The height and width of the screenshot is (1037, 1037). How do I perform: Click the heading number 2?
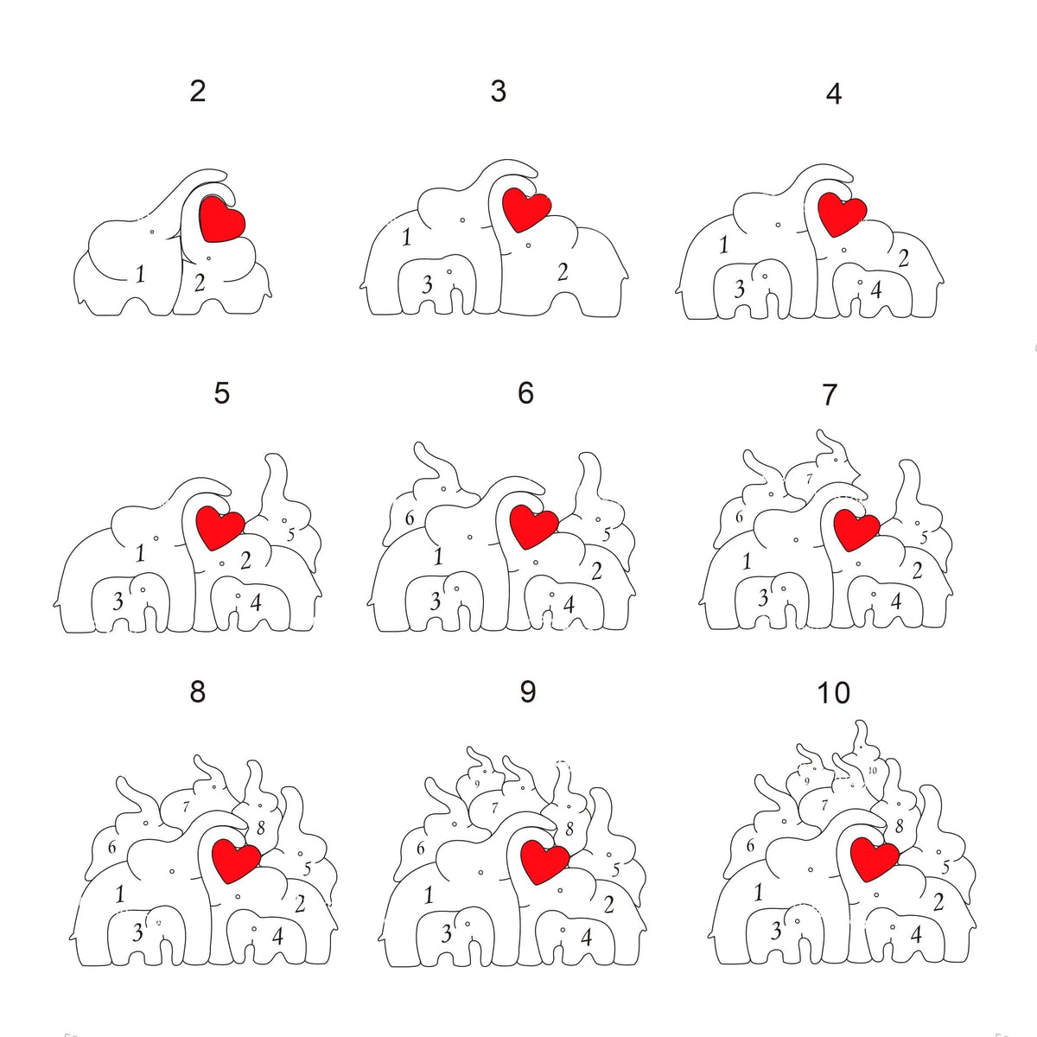pos(198,91)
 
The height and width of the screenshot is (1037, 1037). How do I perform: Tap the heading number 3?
pos(498,91)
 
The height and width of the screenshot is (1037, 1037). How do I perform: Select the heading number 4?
pos(833,93)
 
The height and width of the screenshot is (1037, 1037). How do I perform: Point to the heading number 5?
pos(222,393)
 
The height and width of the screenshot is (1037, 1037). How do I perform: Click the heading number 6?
pos(525,393)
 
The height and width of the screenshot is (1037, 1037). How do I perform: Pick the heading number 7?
pos(830,395)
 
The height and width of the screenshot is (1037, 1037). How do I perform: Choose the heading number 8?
pos(198,692)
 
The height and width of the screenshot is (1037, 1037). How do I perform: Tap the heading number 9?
pos(527,692)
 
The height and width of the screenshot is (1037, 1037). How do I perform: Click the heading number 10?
pos(834,693)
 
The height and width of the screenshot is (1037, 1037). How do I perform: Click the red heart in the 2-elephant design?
pos(222,219)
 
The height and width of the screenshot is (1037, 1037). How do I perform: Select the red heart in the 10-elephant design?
pos(874,857)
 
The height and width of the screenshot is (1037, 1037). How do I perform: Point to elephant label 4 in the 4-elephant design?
pos(876,289)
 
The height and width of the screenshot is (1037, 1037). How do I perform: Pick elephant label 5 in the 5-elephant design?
pos(290,535)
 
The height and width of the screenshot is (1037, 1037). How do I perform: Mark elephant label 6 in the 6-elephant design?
pos(410,518)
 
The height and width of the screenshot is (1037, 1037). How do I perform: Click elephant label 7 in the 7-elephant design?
pos(809,478)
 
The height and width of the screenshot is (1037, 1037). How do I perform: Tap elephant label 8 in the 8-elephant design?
pos(260,828)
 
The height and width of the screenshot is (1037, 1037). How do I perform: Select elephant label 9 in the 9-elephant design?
pos(476,784)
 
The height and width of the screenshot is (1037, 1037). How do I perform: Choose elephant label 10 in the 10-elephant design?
pos(872,770)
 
